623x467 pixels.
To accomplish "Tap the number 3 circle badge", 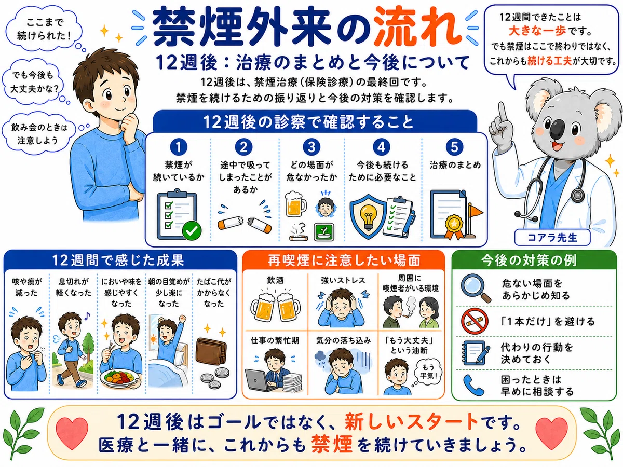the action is tap(311, 147).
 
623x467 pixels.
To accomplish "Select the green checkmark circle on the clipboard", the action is tap(192, 230).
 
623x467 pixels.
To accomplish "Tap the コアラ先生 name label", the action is tap(552, 237).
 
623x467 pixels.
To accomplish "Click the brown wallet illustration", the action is tap(211, 352).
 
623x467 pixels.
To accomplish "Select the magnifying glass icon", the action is tap(476, 289).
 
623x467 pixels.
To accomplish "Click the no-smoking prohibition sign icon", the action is tap(475, 322).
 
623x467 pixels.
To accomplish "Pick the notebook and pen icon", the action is tap(476, 353).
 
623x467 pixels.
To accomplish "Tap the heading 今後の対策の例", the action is tap(529, 260).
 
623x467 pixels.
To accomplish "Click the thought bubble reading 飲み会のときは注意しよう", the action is tap(39, 134).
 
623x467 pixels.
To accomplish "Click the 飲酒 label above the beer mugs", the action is tap(275, 280).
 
